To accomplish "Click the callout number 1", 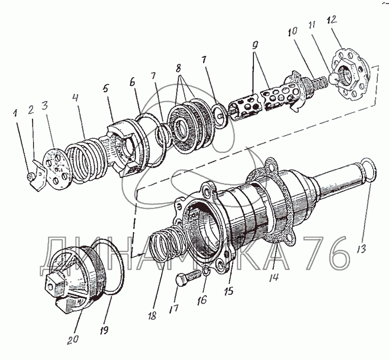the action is (x=16, y=113).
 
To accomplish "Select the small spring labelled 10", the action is (x=318, y=85).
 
